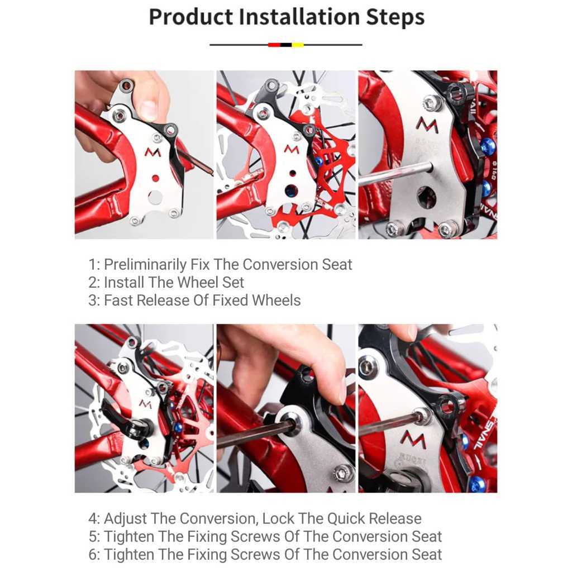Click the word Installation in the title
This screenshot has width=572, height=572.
click(299, 17)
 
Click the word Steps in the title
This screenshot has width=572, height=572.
click(395, 17)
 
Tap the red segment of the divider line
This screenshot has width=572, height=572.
click(274, 45)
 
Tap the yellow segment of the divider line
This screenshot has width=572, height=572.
click(298, 45)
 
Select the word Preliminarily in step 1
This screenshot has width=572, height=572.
click(145, 264)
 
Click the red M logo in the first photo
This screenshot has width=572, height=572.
click(152, 152)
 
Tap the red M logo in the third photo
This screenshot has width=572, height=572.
click(427, 125)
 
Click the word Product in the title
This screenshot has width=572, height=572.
click(191, 17)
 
